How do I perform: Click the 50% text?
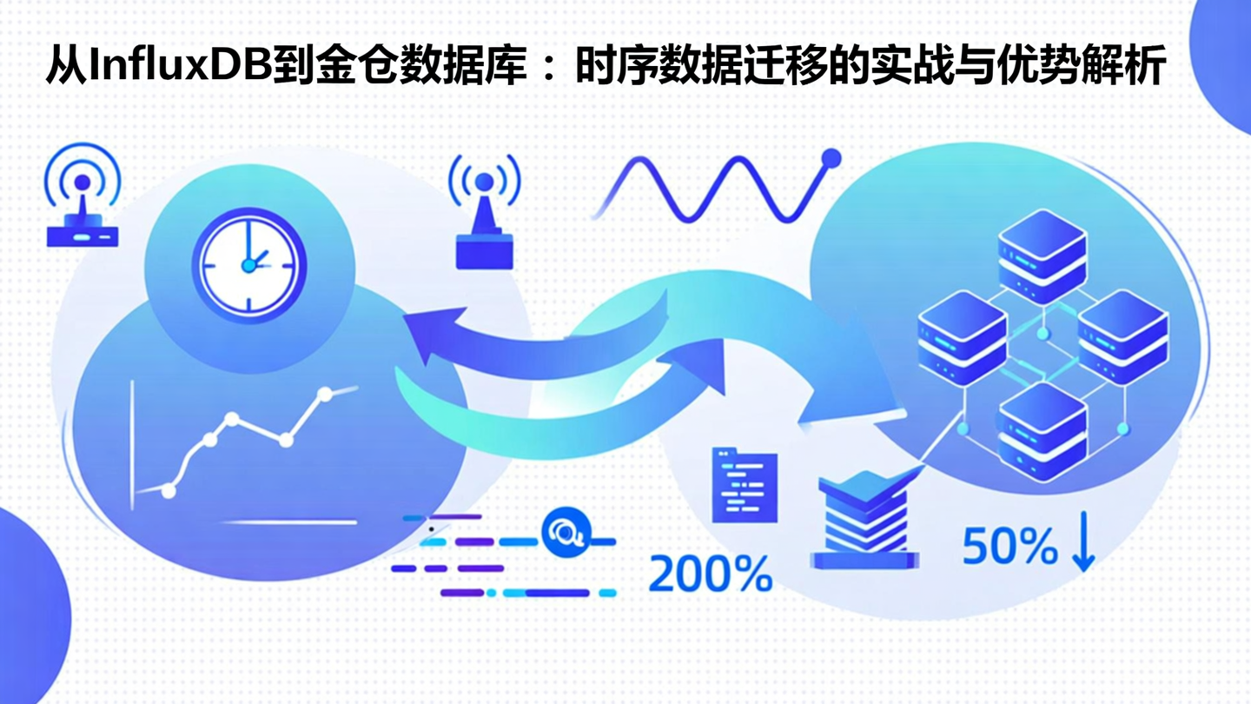[1009, 548]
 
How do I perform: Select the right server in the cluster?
[1122, 335]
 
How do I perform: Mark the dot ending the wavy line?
[831, 158]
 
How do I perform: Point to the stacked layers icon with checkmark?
[864, 518]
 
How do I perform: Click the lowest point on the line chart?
[169, 491]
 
